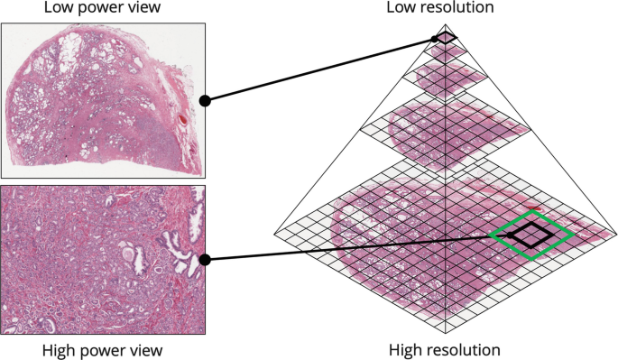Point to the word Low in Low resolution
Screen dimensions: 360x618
401,8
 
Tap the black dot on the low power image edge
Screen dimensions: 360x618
206,101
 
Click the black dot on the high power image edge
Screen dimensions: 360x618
206,260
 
